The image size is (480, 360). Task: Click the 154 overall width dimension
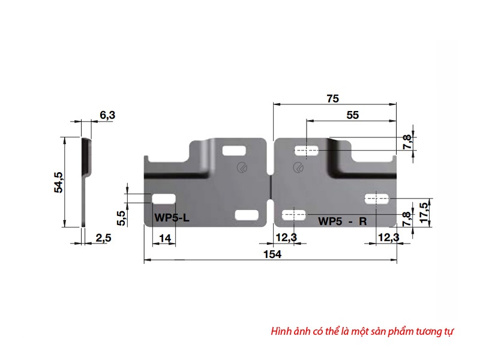pyautogui.click(x=272, y=254)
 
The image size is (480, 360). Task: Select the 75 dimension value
pyautogui.click(x=333, y=98)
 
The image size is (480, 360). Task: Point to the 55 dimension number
pyautogui.click(x=352, y=115)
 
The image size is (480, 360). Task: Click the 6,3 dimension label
pyautogui.click(x=107, y=115)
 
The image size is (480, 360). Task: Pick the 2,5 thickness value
pyautogui.click(x=103, y=238)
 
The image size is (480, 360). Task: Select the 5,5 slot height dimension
pyautogui.click(x=122, y=218)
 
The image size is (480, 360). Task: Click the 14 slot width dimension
pyautogui.click(x=165, y=238)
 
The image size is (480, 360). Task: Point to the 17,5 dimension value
pyautogui.click(x=424, y=213)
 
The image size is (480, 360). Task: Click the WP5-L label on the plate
pyautogui.click(x=172, y=218)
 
